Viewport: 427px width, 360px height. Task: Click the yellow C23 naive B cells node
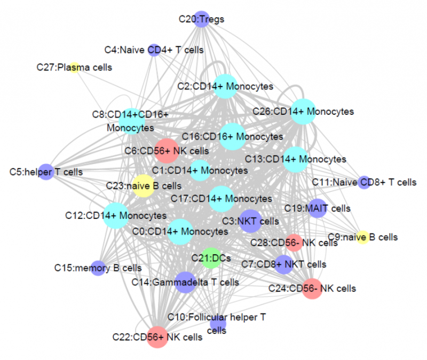[x=143, y=186]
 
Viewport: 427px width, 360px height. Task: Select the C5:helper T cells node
[x=47, y=172]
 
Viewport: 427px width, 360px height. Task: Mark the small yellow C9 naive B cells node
[x=363, y=237]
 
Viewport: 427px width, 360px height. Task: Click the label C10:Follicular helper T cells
[x=217, y=324]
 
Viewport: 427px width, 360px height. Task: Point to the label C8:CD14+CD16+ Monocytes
[x=130, y=121]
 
